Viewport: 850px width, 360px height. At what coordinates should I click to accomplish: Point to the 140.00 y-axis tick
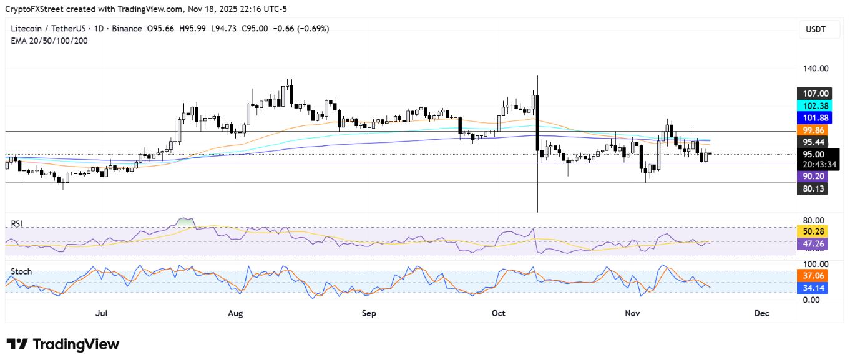[x=815, y=69]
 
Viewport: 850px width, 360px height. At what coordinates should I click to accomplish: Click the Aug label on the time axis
[x=236, y=313]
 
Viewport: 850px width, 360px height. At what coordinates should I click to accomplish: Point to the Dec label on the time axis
[x=761, y=313]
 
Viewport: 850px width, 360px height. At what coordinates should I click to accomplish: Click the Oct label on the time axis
[x=499, y=313]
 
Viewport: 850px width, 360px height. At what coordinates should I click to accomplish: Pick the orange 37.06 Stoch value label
[x=813, y=276]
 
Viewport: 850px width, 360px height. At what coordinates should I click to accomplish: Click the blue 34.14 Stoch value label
[x=813, y=288]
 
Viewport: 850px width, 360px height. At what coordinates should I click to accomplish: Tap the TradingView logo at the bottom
[x=62, y=344]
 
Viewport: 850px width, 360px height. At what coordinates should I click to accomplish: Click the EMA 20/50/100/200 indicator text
[x=49, y=40]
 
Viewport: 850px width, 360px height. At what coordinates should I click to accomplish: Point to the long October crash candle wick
[x=537, y=187]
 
